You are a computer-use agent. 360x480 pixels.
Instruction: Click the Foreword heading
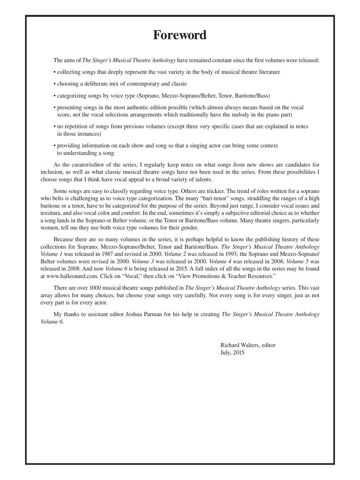tap(180, 35)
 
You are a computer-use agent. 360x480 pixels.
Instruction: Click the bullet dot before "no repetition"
tap(55, 126)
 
